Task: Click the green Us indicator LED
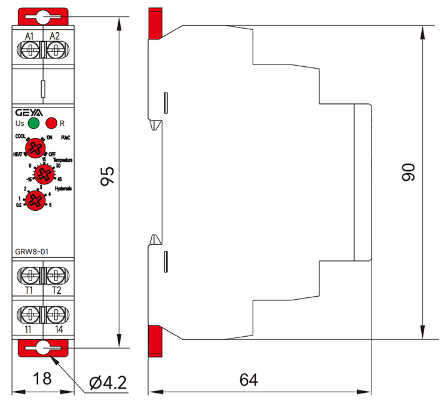(34, 124)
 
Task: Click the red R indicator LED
(51, 124)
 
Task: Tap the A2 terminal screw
(54, 50)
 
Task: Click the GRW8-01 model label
(32, 251)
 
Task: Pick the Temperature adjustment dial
(42, 174)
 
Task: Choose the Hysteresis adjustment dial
(37, 200)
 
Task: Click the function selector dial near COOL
(36, 147)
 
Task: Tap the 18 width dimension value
(42, 379)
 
